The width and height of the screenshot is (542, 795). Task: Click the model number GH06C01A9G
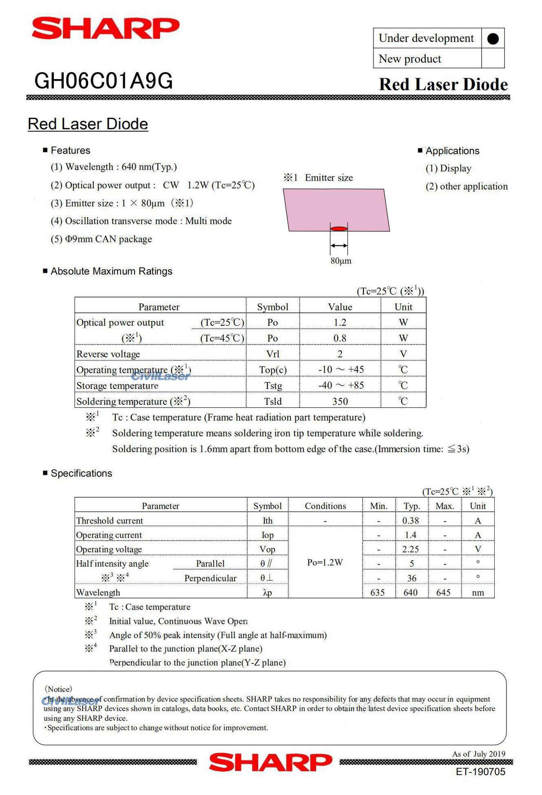click(104, 81)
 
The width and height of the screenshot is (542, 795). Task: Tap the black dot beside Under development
click(493, 39)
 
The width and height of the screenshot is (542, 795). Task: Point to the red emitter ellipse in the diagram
click(338, 229)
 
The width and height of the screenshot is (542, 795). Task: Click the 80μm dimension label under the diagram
click(341, 261)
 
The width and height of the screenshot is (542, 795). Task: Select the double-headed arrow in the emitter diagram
click(339, 245)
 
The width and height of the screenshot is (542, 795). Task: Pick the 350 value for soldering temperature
click(340, 402)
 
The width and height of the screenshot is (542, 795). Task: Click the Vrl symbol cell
click(272, 354)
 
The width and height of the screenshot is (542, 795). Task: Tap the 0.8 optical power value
click(340, 338)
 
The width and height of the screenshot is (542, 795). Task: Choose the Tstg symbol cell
click(273, 386)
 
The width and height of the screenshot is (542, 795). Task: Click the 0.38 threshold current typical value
click(411, 521)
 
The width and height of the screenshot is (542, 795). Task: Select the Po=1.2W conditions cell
click(325, 563)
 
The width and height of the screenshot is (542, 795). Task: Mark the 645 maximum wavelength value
click(443, 592)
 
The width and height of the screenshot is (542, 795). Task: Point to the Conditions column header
click(325, 506)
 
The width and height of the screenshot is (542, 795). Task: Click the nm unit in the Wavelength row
click(478, 592)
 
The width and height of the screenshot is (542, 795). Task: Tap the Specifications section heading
click(81, 473)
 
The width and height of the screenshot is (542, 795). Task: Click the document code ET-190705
click(480, 772)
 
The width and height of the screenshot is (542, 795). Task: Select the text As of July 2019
click(478, 754)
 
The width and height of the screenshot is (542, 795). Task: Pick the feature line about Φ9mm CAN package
click(101, 239)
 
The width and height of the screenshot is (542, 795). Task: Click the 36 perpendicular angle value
click(411, 578)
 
